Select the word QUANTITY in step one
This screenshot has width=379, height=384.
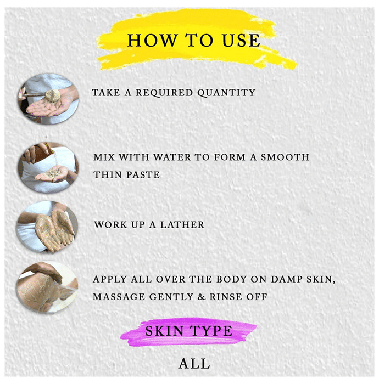pos(226,93)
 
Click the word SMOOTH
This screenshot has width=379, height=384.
pos(285,157)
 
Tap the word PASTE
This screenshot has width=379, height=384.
pos(143,175)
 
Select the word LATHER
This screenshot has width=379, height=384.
pos(182,225)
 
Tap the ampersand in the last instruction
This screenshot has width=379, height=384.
pos(201,297)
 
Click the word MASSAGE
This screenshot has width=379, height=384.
pos(119,297)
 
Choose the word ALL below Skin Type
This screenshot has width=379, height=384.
pos(194,363)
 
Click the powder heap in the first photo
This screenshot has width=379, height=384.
pos(54,94)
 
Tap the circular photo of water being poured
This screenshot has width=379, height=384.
pos(48,167)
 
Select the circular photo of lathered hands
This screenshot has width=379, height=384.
pos(47,227)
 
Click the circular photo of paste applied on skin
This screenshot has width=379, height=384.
pos(47,287)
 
